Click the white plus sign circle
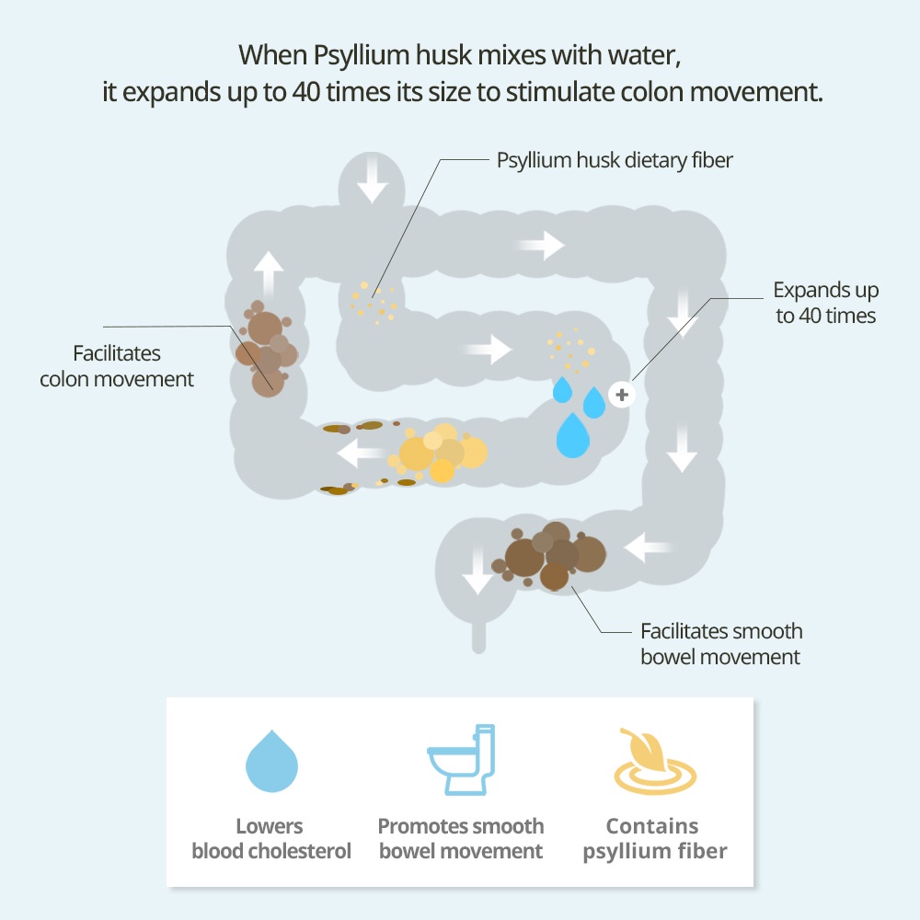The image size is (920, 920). click(622, 395)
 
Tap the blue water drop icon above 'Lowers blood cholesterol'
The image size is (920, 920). click(271, 762)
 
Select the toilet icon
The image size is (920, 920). click(461, 760)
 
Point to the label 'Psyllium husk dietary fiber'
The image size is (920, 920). click(615, 160)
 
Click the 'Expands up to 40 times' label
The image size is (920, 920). click(825, 303)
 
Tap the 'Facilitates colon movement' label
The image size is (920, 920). click(117, 366)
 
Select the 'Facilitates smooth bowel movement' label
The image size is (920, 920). click(720, 644)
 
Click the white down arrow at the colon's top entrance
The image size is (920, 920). click(373, 185)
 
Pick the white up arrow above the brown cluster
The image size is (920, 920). click(269, 271)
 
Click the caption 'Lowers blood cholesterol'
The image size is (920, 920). click(271, 838)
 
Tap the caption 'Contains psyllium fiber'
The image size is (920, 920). click(654, 838)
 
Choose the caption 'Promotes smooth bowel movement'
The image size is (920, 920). click(461, 838)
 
